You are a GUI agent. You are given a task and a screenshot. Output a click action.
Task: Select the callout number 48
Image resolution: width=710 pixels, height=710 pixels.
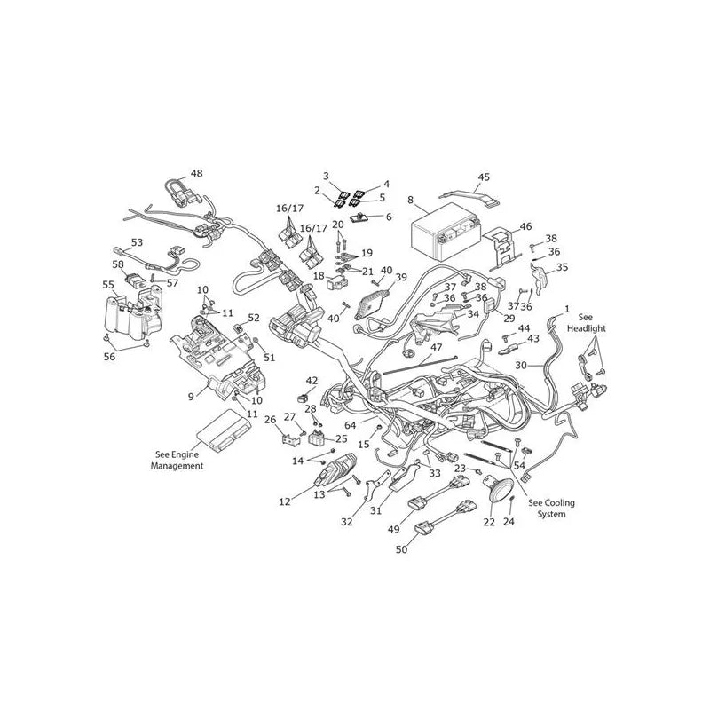(196, 173)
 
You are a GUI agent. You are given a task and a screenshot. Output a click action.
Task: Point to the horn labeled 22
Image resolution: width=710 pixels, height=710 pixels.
(498, 490)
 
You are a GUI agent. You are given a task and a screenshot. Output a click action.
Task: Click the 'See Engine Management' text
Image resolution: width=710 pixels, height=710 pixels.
(177, 460)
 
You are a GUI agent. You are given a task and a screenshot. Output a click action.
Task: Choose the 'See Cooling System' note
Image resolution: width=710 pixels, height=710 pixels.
(551, 508)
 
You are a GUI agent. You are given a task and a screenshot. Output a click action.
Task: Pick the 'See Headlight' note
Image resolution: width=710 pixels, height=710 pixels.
(586, 323)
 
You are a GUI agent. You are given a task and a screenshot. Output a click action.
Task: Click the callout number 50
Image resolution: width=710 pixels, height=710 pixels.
(401, 549)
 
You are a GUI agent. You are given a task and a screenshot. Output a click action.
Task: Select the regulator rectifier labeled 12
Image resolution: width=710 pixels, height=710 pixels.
(335, 469)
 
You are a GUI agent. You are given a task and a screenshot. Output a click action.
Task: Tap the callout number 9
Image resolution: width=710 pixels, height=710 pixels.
(191, 397)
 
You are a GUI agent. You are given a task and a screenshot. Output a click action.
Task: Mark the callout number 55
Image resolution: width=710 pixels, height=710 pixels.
(108, 285)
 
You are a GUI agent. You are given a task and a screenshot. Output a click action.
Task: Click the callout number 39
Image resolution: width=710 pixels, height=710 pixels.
(401, 277)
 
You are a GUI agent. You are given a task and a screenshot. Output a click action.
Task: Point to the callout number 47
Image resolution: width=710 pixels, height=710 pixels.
(436, 347)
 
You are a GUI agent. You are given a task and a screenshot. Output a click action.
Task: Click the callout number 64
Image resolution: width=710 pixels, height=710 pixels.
(350, 425)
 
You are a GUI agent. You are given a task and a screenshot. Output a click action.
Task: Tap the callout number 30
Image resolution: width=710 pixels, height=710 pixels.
(521, 365)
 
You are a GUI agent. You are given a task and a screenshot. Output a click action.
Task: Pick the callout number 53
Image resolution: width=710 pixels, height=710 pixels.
(137, 242)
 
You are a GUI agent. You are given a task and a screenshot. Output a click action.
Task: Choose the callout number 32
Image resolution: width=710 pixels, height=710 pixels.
(347, 522)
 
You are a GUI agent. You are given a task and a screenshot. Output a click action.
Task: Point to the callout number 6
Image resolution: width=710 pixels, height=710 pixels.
(389, 217)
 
